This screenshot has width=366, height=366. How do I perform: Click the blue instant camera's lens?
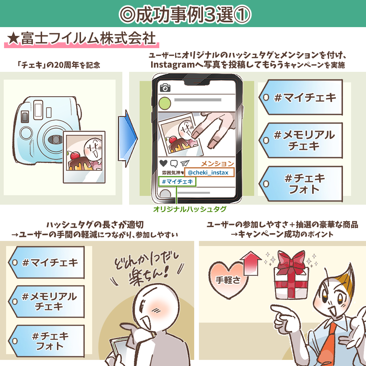click(55, 139)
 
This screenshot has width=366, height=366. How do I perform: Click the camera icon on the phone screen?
click(165, 88)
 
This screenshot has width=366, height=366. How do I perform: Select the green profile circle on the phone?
click(165, 103)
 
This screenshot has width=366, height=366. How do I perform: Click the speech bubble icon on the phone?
click(174, 163)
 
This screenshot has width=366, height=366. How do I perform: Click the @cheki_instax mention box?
click(208, 172)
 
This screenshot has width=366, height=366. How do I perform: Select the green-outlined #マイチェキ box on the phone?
click(177, 182)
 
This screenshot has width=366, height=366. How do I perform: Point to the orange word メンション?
click(218, 163)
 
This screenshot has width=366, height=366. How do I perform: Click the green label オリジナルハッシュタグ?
click(189, 209)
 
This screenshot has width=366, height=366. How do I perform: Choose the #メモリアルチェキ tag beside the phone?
click(301, 140)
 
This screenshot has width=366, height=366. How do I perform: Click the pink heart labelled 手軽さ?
click(228, 280)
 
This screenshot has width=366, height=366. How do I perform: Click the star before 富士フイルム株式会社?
click(13, 38)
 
